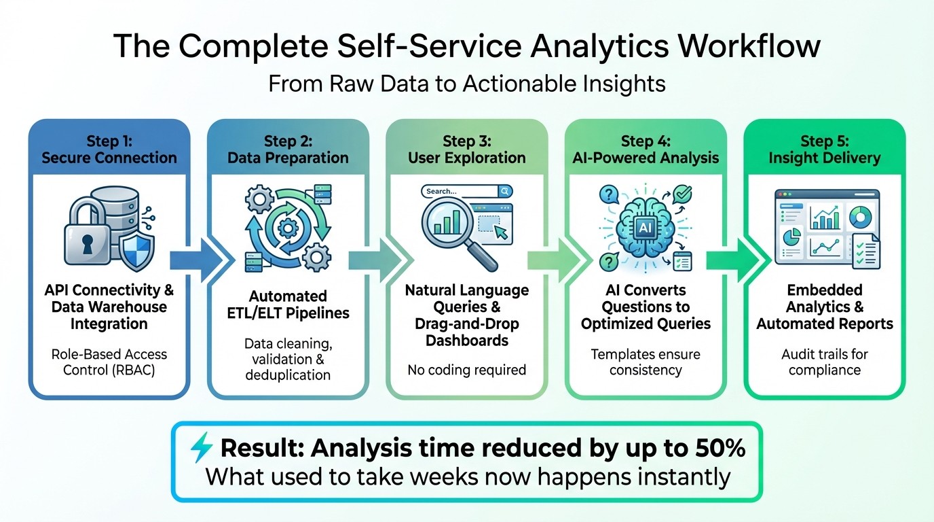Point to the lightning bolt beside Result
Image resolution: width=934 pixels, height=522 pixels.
202,449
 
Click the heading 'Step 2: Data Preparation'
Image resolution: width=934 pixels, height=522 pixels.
288,150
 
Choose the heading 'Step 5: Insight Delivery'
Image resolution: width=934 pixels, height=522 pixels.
824,150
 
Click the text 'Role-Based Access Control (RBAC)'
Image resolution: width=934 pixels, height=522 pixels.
109,362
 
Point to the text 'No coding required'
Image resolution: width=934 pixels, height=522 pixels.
466,370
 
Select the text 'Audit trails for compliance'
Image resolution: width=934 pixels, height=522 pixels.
825,362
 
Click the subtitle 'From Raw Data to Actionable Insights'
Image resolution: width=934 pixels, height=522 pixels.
467,84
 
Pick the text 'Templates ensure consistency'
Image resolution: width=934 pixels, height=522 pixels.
646,362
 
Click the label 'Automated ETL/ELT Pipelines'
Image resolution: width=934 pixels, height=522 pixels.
288,304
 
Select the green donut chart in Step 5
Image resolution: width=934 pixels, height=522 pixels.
861,217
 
